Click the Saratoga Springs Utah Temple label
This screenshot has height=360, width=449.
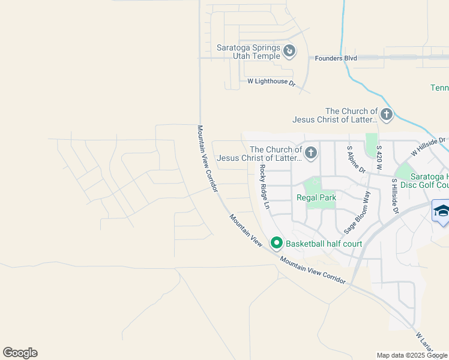[249, 52]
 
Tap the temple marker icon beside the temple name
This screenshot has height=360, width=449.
[289, 51]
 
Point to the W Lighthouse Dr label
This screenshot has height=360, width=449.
[272, 82]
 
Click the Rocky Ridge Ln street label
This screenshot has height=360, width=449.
[264, 187]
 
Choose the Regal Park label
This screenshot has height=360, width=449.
[315, 197]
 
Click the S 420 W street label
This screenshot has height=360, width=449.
[379, 157]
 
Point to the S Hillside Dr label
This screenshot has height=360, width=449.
[395, 195]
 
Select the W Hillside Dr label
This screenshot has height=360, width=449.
[429, 145]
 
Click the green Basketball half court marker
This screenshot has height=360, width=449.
[277, 243]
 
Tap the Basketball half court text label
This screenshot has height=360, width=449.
[324, 244]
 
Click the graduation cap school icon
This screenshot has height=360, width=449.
[441, 212]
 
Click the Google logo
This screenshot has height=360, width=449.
[20, 353]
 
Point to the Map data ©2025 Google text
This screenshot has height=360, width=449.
[412, 355]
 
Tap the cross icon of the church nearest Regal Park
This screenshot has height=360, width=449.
[311, 153]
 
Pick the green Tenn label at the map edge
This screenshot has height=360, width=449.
[439, 88]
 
